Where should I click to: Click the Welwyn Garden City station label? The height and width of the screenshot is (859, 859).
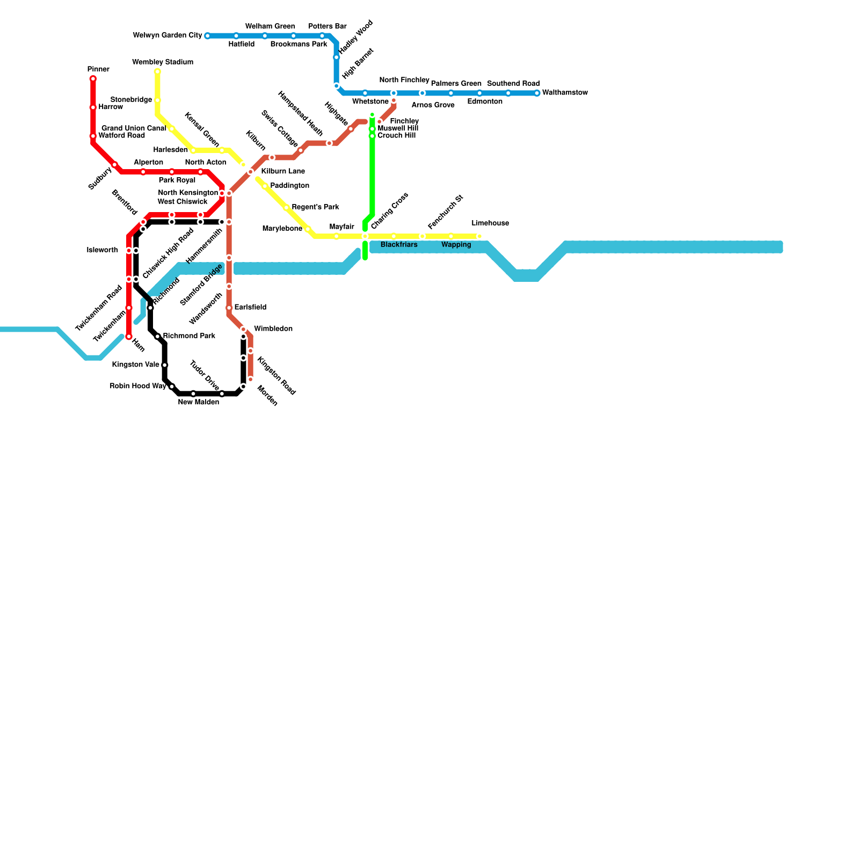coord(167,36)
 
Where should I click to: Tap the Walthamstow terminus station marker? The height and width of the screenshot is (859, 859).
coord(537,93)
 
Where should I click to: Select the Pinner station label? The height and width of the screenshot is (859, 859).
coord(98,70)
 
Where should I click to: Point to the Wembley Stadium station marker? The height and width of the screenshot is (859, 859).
coord(157,71)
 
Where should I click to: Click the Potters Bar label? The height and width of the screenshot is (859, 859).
coord(327,26)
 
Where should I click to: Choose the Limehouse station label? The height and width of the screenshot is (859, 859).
coord(490,223)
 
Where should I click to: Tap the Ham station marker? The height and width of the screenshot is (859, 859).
coord(129,337)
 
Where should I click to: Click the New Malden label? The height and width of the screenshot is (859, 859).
coord(199,403)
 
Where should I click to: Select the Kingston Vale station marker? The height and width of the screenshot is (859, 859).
coord(165,365)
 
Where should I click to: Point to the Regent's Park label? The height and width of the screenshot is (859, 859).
coord(315,207)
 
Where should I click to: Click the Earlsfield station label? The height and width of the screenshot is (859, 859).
coord(250,308)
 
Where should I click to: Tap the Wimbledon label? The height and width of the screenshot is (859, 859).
coord(273,329)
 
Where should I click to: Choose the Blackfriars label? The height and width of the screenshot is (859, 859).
coord(399,245)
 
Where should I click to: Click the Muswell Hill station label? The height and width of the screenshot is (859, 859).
coord(397,129)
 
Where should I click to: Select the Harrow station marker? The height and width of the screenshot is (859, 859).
coord(93,107)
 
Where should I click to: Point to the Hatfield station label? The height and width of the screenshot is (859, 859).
coord(241,45)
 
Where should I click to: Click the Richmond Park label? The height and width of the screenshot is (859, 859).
coord(189,336)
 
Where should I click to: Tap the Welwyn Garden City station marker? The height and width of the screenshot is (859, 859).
coord(207,36)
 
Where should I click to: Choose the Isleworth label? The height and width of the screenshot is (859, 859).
coord(102,250)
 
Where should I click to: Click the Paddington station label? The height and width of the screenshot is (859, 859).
coord(289,186)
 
